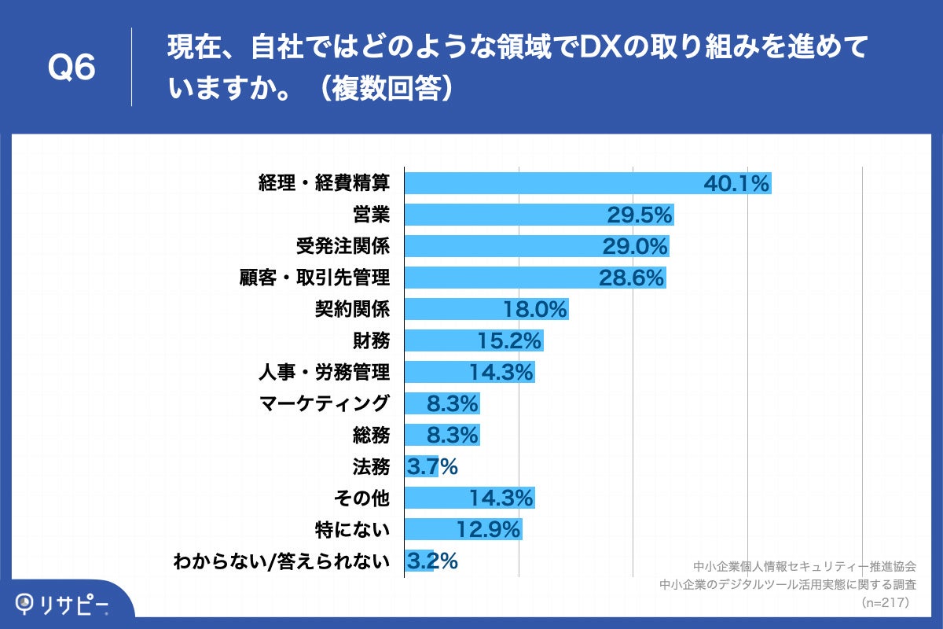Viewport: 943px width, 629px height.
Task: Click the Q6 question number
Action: click(x=72, y=68)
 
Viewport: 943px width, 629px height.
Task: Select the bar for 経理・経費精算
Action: click(x=550, y=183)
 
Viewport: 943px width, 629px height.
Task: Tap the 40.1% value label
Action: click(x=736, y=184)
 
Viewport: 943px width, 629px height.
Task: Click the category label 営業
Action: click(x=371, y=215)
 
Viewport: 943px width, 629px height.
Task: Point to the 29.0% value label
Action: click(x=634, y=247)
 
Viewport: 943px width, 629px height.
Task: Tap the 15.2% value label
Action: click(x=509, y=341)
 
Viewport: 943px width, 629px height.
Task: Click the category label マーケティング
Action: click(x=324, y=403)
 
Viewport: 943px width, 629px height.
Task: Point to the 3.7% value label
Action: click(x=431, y=467)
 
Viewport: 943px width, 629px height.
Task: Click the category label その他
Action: click(x=361, y=498)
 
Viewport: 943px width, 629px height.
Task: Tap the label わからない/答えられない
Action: click(x=282, y=561)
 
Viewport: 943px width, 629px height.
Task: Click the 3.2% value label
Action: click(x=431, y=561)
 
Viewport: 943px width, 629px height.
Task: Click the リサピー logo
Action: click(x=63, y=604)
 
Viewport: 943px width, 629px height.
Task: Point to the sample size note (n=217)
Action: click(x=885, y=602)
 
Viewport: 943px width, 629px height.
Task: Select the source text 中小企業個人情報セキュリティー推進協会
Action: click(x=805, y=566)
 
